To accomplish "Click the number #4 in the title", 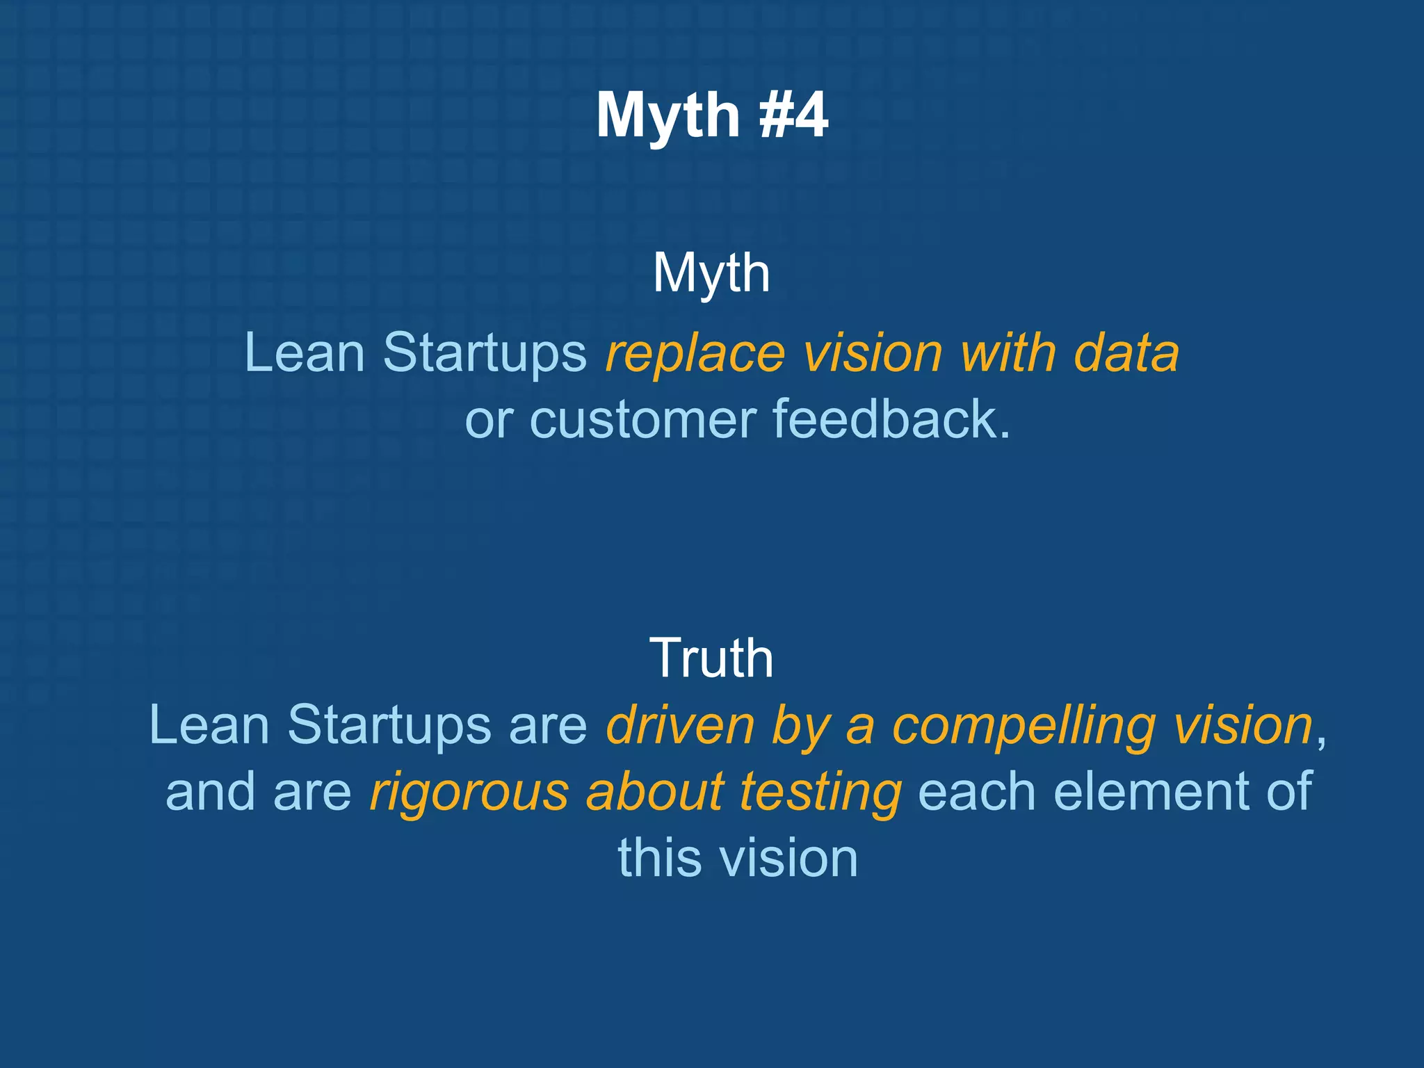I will point(793,115).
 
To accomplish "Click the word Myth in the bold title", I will point(667,117).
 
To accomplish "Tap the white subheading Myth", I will point(711,273).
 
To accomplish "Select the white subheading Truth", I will point(711,658).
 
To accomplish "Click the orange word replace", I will point(695,353).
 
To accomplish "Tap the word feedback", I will point(891,419).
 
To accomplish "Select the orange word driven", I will point(680,725).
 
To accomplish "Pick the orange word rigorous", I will point(469,793).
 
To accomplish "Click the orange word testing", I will point(820,793).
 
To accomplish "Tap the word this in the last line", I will point(660,858).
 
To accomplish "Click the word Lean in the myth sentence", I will point(305,353).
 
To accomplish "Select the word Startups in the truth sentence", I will point(389,725).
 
